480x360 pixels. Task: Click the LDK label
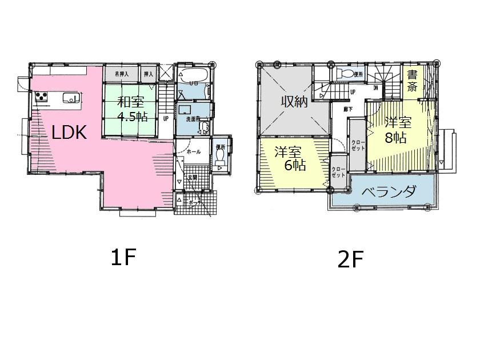point(69,133)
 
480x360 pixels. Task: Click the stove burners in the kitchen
point(42,97)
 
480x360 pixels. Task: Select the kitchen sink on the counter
point(69,98)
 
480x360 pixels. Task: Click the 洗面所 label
point(193,119)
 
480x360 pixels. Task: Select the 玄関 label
point(193,178)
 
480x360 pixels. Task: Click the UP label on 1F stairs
point(166,119)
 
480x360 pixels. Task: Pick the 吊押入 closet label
point(122,74)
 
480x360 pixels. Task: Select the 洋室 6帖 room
point(290,159)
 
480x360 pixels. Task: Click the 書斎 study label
point(411,81)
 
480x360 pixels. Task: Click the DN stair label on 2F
point(375,88)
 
